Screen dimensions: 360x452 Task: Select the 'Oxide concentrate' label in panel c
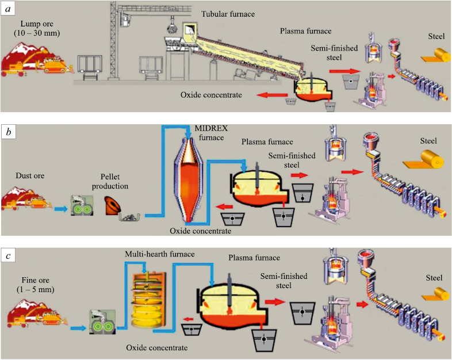pos(157,348)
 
